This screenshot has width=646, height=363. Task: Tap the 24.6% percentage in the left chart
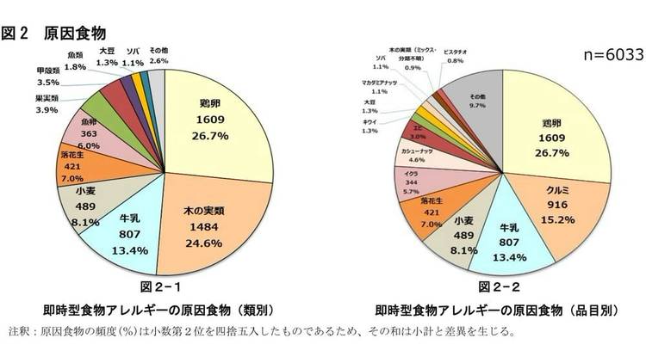tap(204, 243)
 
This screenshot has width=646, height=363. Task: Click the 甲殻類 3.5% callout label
tap(47, 77)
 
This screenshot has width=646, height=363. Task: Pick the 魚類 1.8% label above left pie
tap(75, 61)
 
